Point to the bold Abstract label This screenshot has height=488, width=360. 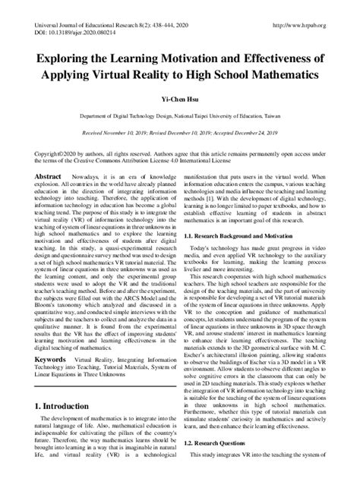(x=47, y=175)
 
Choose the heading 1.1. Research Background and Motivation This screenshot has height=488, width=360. (x=247, y=238)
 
